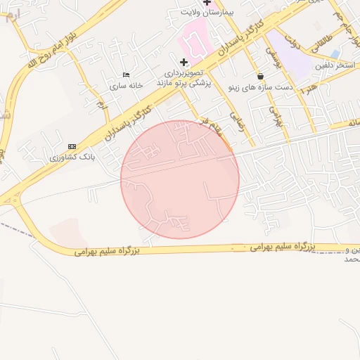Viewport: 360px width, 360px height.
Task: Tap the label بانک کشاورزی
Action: pyautogui.click(x=72, y=157)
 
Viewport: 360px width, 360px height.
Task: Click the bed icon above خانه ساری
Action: pyautogui.click(x=126, y=75)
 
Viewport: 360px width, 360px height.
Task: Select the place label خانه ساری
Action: pyautogui.click(x=126, y=85)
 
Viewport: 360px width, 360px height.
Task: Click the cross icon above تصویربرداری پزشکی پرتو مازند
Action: pyautogui.click(x=184, y=62)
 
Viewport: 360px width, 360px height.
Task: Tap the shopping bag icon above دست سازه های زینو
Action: pyautogui.click(x=261, y=76)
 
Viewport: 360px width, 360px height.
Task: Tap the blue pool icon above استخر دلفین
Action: pyautogui.click(x=337, y=54)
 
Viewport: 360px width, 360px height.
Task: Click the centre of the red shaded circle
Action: pyautogui.click(x=180, y=179)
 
